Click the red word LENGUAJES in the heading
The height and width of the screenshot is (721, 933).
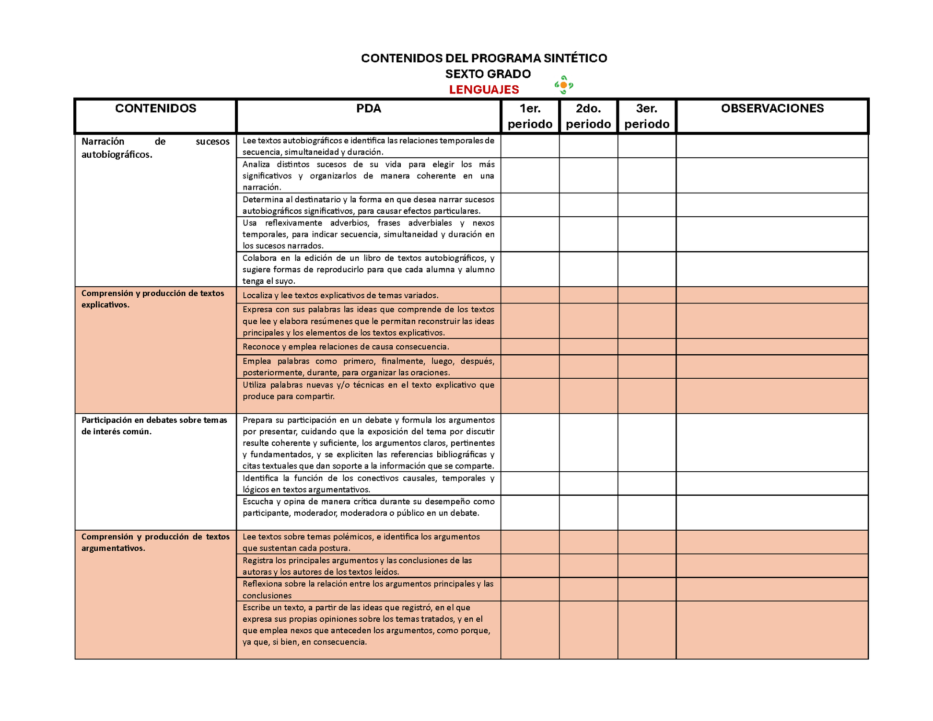[x=484, y=90]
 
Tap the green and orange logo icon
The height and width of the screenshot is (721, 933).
[x=564, y=85]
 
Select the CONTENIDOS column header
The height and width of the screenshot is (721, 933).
[x=155, y=109]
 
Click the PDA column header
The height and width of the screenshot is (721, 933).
[x=368, y=109]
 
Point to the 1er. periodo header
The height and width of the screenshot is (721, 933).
[x=530, y=116]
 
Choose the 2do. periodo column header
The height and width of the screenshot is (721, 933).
[x=588, y=116]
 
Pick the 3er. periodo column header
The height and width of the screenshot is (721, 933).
[x=647, y=116]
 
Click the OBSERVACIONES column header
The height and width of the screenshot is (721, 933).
[x=772, y=109]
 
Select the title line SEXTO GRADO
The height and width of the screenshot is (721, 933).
[x=488, y=74]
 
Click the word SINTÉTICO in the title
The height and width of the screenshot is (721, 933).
[x=575, y=58]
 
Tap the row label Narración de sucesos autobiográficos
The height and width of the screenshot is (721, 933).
[x=155, y=148]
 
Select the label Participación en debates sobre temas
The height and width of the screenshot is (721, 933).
[x=154, y=425]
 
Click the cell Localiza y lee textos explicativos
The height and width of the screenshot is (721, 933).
[x=340, y=295]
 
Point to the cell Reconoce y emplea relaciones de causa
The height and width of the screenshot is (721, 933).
[x=346, y=347]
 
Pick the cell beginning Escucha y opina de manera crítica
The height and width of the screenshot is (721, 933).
[x=368, y=507]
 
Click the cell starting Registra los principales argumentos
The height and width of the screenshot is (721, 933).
[x=357, y=566]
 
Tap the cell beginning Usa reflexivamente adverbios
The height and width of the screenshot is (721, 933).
[x=368, y=234]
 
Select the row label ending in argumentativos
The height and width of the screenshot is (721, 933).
[x=155, y=542]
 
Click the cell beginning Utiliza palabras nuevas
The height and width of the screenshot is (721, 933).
[x=368, y=391]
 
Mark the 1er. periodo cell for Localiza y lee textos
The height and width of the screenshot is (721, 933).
[x=530, y=295]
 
